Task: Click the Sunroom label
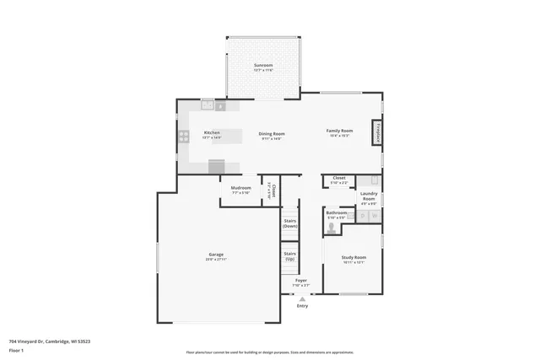(263, 65)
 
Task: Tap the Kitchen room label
(212, 133)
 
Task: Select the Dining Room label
(271, 134)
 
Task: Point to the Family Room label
(340, 131)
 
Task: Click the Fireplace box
(379, 134)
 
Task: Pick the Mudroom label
(241, 188)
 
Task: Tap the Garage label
(217, 255)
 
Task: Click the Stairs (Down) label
(289, 223)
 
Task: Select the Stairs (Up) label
(289, 255)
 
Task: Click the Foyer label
(300, 281)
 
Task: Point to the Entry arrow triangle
(302, 298)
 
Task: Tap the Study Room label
(354, 258)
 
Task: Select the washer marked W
(374, 217)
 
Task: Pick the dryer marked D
(361, 217)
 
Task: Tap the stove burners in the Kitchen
(183, 137)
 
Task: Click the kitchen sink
(207, 106)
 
